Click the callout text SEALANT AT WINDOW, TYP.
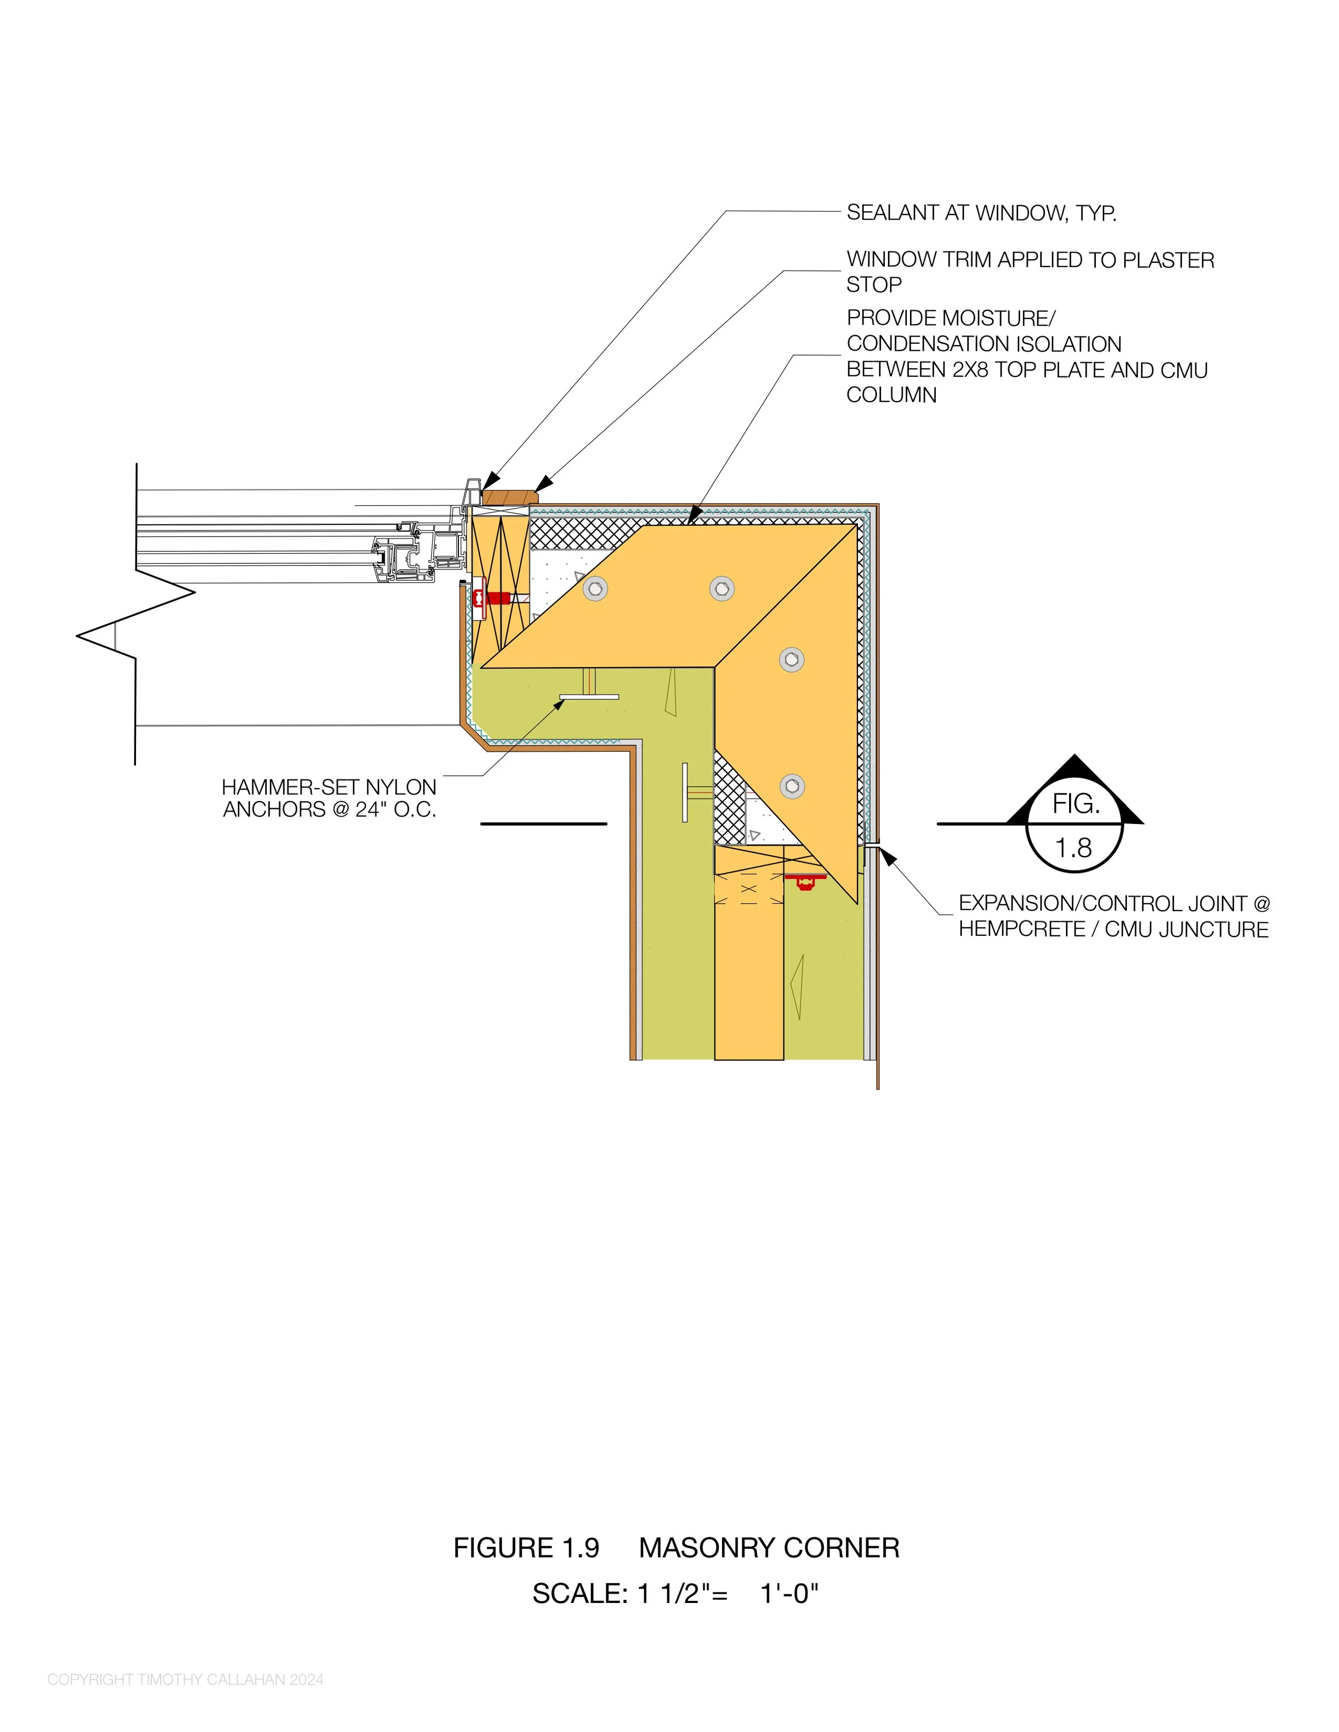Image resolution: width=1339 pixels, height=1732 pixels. [x=981, y=213]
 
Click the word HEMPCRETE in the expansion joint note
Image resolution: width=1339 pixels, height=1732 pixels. [x=1022, y=929]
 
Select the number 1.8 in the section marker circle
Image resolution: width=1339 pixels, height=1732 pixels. [x=1073, y=849]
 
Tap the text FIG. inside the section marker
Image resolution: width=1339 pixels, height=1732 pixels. [x=1075, y=804]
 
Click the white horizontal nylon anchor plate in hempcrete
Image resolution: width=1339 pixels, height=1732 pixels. [x=589, y=697]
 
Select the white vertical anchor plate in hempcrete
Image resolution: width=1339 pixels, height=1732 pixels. [x=684, y=793]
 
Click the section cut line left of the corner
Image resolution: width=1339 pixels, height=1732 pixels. [x=544, y=824]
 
